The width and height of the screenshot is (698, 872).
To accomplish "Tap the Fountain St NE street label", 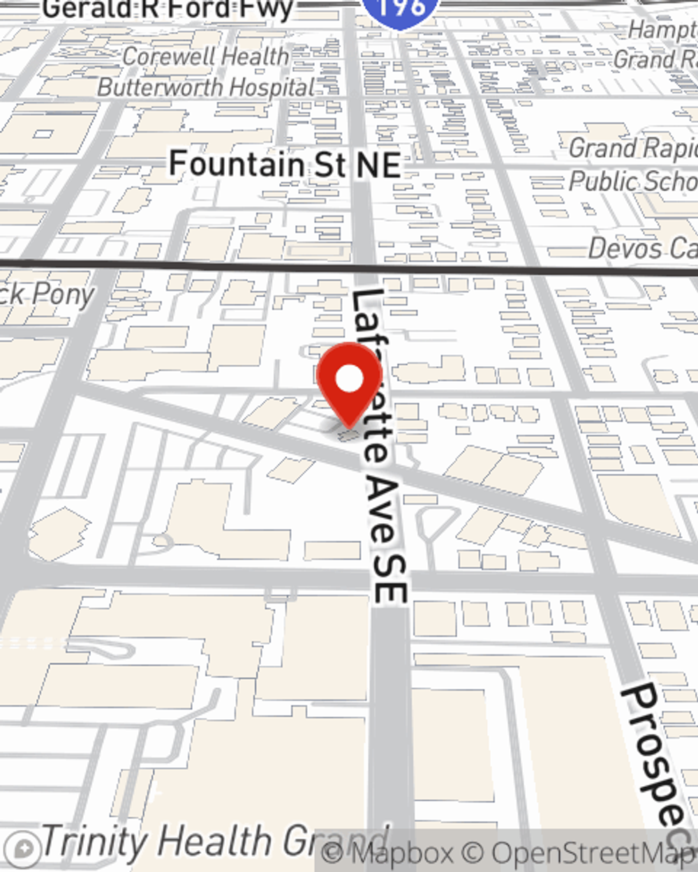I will [x=285, y=165].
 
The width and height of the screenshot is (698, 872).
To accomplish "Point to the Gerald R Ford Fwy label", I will [x=168, y=10].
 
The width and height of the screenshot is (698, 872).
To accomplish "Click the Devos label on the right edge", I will [x=642, y=248].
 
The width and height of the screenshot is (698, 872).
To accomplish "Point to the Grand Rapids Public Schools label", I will [x=632, y=165].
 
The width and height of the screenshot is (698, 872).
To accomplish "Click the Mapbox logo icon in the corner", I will [x=24, y=849].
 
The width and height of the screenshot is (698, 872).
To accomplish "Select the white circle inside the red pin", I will [x=349, y=379].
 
